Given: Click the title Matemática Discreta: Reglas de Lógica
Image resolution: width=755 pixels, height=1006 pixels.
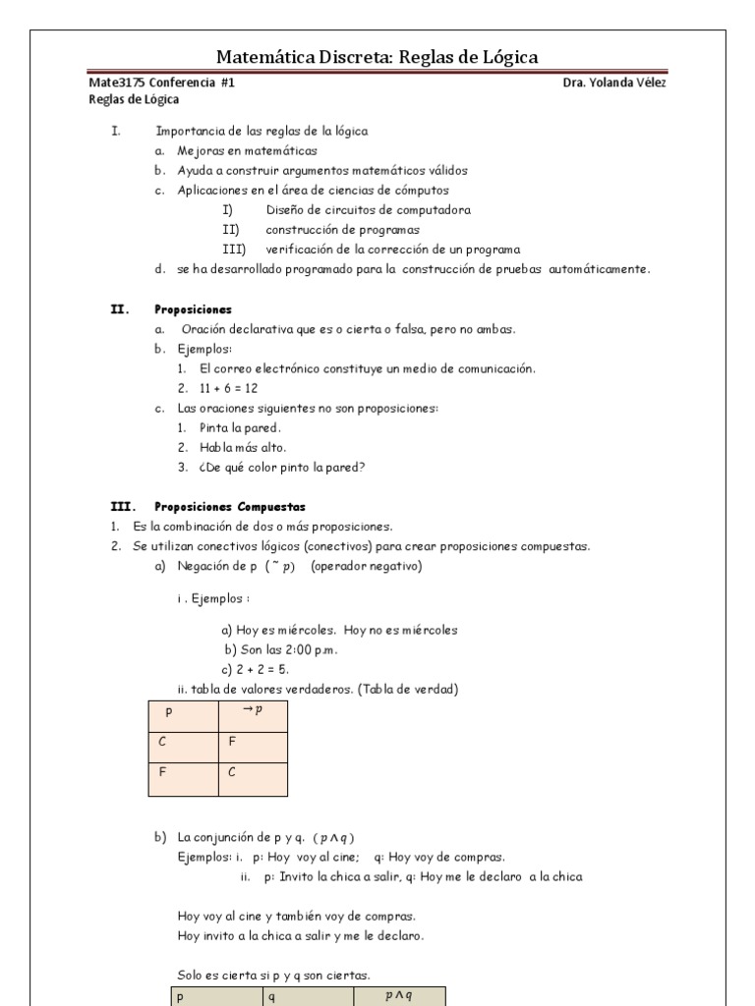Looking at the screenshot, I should (377, 57).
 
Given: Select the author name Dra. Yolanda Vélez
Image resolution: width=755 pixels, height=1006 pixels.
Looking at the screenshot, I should (614, 84).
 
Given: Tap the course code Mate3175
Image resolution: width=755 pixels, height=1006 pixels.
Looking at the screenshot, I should (112, 84).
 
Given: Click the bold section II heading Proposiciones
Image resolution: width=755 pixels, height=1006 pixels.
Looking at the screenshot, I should (194, 308).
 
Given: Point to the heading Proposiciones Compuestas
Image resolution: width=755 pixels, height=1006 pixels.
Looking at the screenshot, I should (230, 507).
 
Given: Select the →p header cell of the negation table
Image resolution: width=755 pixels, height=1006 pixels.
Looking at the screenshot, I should (253, 712).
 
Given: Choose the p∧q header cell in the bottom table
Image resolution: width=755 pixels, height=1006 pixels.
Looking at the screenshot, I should (397, 995).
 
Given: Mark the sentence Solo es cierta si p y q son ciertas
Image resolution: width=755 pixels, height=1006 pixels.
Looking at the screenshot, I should (273, 976).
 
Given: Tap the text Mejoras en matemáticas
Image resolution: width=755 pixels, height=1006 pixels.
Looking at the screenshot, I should (247, 151).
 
